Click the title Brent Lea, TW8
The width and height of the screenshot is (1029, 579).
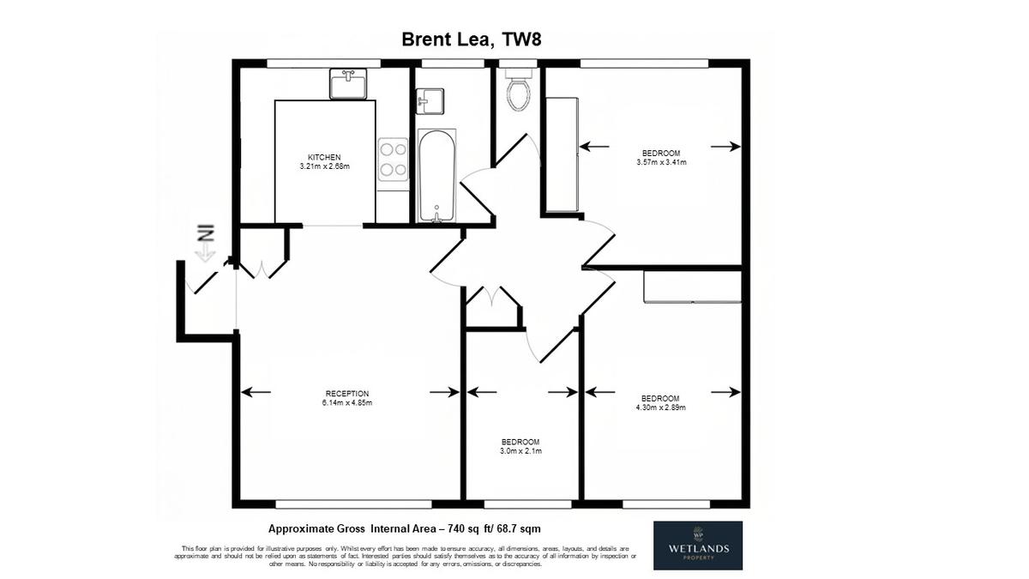472,39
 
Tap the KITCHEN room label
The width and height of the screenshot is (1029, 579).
324,157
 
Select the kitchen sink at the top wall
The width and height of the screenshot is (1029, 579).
348,84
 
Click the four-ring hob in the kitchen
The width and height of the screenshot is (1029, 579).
394,159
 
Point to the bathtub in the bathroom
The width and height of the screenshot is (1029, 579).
436,177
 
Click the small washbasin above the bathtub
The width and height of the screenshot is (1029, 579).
430,101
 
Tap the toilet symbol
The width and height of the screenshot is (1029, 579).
519,91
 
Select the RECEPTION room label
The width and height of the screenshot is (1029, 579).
347,394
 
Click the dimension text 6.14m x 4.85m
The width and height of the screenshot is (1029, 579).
347,403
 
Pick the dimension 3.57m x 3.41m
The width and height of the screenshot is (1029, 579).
661,162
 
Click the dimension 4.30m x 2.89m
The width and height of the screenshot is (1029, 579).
660,407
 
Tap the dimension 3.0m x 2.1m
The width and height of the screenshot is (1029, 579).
521,451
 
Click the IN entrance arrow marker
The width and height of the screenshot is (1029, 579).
205,243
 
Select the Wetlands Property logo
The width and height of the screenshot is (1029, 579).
698,546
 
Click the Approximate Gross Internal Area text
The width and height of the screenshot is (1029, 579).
404,529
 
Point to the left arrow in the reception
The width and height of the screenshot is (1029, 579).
256,392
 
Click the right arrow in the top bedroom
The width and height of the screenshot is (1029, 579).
725,147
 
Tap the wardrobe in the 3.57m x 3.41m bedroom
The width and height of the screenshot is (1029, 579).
562,155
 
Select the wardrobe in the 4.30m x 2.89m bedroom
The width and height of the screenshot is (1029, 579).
692,286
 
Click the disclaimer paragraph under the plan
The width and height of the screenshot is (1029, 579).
405,557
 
